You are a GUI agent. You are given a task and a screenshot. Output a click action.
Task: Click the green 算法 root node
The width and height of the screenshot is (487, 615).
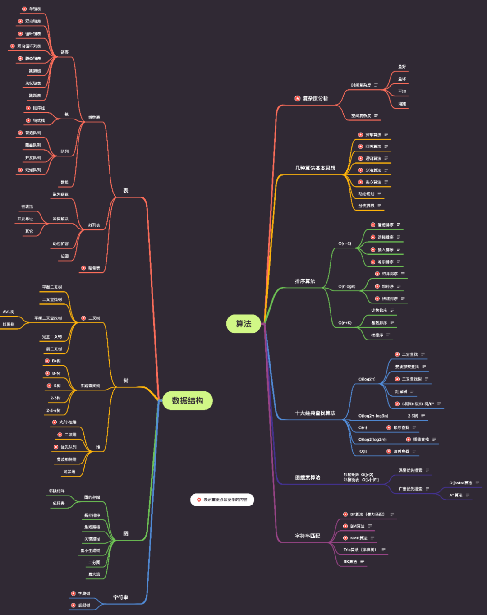click(x=243, y=324)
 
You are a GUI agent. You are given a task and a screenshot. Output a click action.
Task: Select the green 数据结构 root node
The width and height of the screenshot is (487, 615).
click(x=187, y=401)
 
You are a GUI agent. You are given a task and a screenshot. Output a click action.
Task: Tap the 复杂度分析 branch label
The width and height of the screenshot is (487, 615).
click(x=315, y=98)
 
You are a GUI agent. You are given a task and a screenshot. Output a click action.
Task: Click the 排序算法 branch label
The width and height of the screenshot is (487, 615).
click(x=305, y=281)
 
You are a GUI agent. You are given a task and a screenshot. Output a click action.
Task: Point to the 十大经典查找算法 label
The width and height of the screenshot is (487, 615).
click(x=315, y=413)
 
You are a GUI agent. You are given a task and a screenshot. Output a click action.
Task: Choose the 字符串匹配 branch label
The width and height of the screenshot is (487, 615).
click(x=308, y=536)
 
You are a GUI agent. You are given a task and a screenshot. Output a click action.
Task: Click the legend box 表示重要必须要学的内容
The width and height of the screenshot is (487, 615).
click(x=222, y=500)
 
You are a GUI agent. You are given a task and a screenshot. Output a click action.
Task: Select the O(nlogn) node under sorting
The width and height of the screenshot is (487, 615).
click(x=347, y=286)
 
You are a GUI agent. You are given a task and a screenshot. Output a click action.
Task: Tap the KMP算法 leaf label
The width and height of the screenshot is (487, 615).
click(x=358, y=538)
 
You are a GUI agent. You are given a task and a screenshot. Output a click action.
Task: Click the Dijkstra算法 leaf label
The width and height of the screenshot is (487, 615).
click(x=460, y=483)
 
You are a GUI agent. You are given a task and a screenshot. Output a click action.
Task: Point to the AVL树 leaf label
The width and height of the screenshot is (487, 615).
click(x=9, y=312)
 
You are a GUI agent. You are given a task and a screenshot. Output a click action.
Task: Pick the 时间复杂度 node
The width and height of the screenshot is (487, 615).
click(x=361, y=85)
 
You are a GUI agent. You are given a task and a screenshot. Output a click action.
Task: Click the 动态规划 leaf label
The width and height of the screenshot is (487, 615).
click(x=366, y=194)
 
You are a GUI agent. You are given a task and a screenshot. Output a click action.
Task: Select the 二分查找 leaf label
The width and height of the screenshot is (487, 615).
click(x=409, y=354)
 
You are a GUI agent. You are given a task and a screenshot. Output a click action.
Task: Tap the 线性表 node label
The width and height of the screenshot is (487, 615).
click(x=94, y=118)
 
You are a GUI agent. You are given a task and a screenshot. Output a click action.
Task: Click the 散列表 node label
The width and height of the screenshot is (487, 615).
click(x=94, y=225)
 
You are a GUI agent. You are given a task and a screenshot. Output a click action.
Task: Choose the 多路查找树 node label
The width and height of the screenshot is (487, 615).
click(x=90, y=386)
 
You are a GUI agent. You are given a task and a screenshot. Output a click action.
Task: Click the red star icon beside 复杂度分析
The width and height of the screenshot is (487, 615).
click(x=298, y=98)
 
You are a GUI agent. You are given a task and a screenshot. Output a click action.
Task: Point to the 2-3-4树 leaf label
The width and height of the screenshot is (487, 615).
click(x=53, y=411)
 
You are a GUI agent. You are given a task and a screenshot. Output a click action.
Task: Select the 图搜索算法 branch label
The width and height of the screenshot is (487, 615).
click(x=308, y=478)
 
